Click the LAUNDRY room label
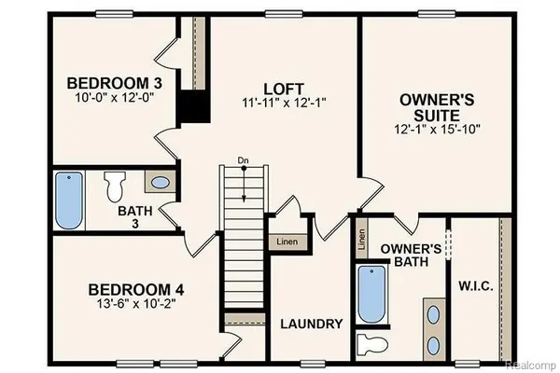point(312,324)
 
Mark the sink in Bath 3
point(160,182)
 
